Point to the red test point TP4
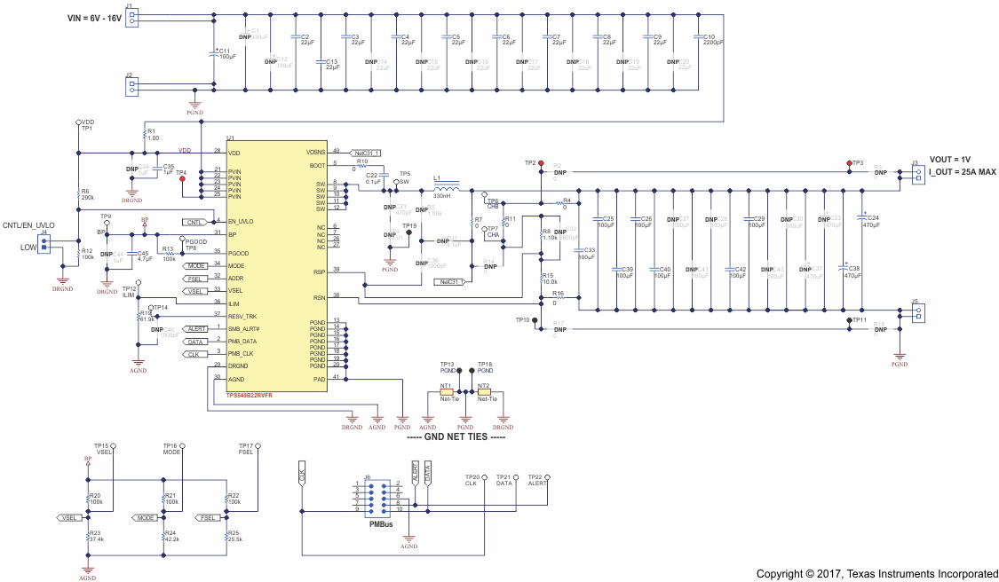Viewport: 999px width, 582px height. click(182, 179)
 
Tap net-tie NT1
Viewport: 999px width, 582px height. click(447, 392)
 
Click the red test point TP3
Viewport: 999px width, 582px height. click(848, 163)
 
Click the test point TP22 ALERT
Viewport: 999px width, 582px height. click(547, 477)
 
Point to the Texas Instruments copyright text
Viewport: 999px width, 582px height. click(876, 573)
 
